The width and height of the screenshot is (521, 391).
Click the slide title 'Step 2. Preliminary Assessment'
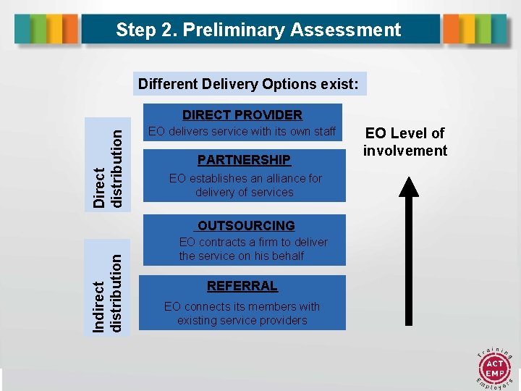click(258, 30)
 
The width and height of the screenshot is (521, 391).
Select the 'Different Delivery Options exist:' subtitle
click(248, 84)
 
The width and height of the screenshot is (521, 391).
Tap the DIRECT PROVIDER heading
click(242, 115)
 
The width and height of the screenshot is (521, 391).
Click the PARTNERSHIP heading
click(244, 159)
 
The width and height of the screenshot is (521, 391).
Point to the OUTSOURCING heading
click(246, 226)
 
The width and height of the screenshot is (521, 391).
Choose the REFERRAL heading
click(242, 286)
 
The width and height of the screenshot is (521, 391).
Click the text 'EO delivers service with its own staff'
click(242, 132)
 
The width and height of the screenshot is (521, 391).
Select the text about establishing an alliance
click(245, 185)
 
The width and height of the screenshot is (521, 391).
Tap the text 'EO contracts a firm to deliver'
click(253, 242)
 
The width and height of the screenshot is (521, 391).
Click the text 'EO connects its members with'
click(242, 306)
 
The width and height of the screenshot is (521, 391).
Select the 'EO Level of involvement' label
click(405, 142)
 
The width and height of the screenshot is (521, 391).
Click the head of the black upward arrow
click(409, 187)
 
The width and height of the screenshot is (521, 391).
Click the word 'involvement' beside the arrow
click(405, 151)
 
